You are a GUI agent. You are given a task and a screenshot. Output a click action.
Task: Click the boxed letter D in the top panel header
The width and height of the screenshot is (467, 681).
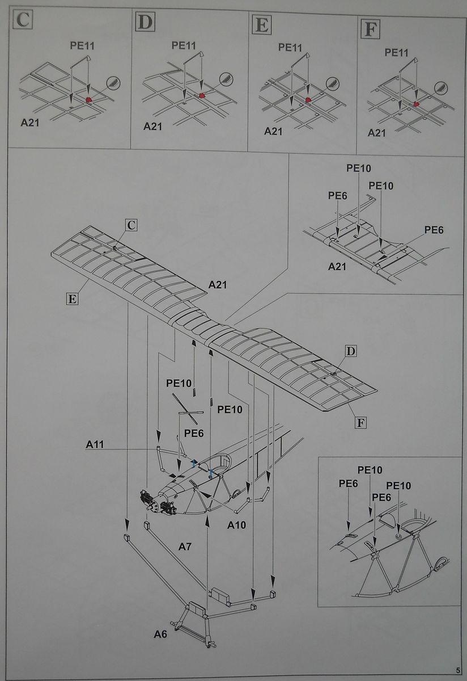pyautogui.click(x=145, y=22)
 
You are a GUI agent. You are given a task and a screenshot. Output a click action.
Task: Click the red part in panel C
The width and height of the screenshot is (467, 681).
pyautogui.click(x=89, y=100)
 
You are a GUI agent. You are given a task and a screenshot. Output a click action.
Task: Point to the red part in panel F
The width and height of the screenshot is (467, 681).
pyautogui.click(x=417, y=104)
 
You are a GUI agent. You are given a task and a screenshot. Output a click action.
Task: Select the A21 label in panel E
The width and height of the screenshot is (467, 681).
pyautogui.click(x=274, y=131)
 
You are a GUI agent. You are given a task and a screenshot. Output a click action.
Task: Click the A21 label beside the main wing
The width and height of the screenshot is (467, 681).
pyautogui.click(x=217, y=284)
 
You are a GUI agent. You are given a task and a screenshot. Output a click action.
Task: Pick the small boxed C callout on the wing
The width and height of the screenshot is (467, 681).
pyautogui.click(x=131, y=225)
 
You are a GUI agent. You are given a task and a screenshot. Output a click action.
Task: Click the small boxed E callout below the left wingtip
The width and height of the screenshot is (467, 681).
pyautogui.click(x=71, y=299)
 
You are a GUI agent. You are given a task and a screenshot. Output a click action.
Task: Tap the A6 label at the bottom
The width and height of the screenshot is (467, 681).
pyautogui.click(x=160, y=634)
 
